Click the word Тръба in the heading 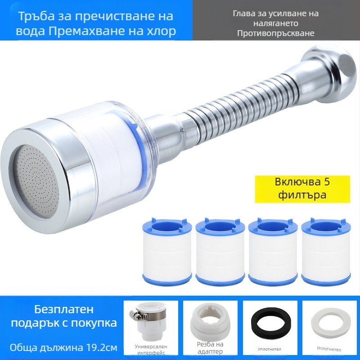[36, 16]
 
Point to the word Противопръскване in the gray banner [275, 33]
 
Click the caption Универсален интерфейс [150, 350]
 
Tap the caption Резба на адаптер [210, 347]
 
